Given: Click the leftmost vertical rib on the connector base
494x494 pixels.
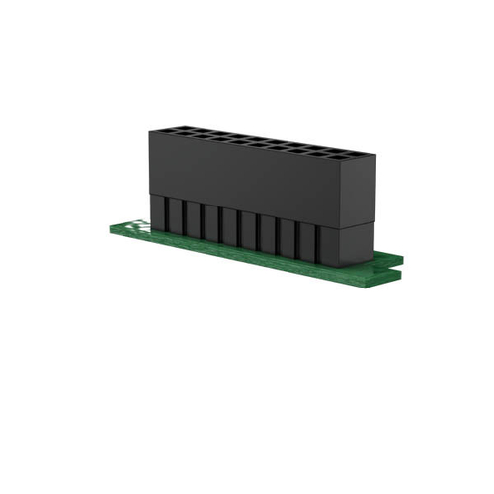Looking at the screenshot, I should pos(157,211).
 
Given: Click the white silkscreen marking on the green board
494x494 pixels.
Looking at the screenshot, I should pos(137,225).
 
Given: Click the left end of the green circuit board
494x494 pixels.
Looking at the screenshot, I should pos(113,230).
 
